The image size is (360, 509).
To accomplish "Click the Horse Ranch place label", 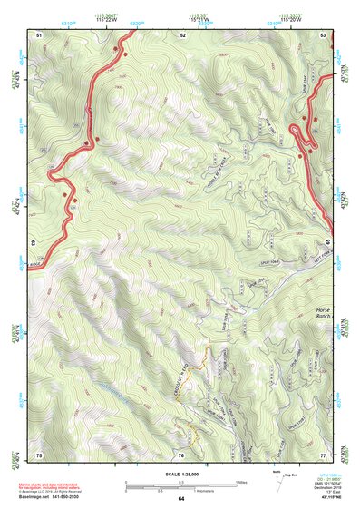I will pos(324,315).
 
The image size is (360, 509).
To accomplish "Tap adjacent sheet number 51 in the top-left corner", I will pos(39,34).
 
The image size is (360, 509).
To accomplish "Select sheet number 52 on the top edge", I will pos(182,34).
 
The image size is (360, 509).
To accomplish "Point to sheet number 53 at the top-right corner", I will pos(324,34).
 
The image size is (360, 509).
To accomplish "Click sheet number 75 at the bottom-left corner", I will pos(39,454).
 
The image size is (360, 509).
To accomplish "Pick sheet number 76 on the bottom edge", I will pos(181,454).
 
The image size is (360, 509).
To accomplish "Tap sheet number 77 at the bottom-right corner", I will pos(324,454).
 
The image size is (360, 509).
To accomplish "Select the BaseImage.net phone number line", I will pos(51,498).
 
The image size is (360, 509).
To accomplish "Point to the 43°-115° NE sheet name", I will pos(325,498).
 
